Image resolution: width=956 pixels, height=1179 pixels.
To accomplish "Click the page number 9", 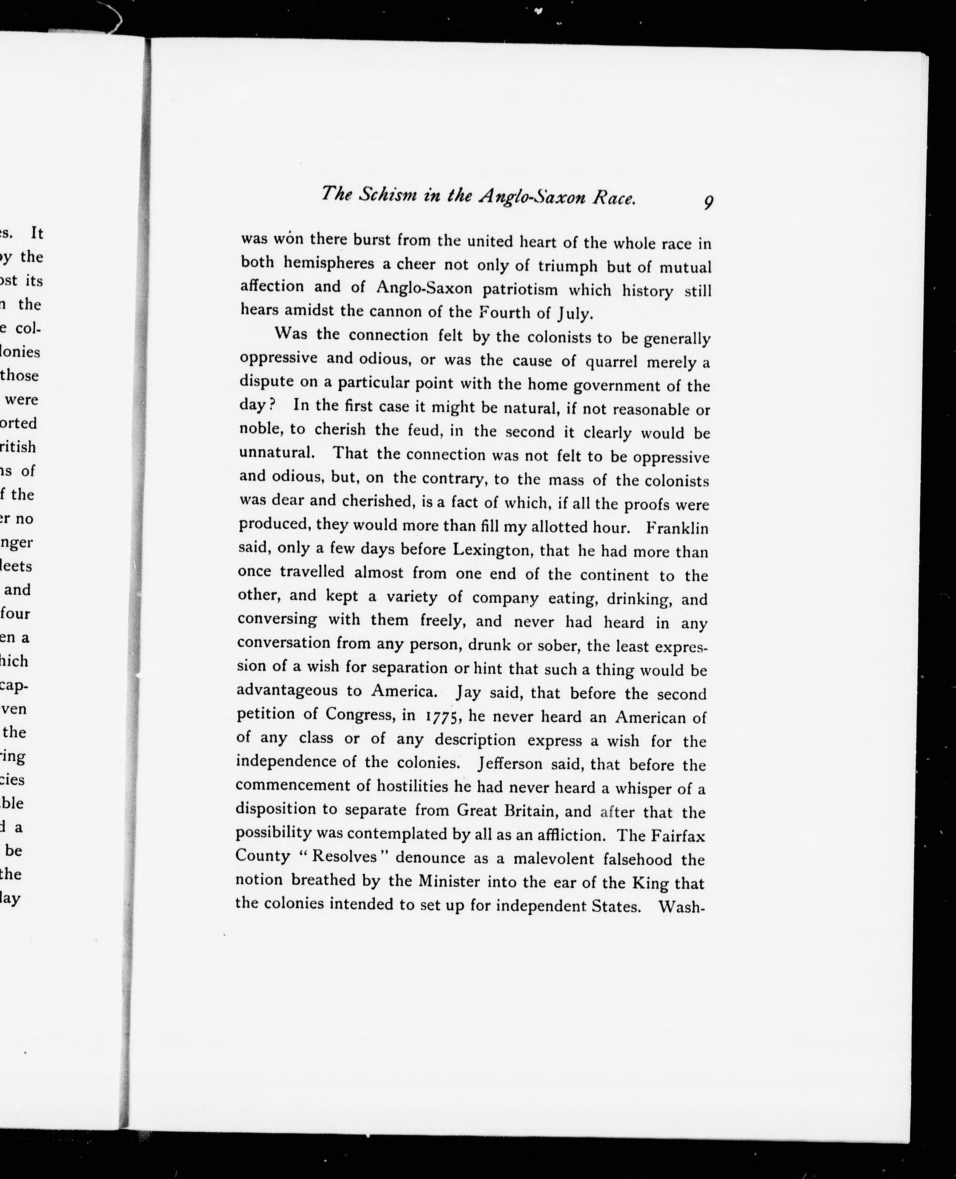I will pos(708,203).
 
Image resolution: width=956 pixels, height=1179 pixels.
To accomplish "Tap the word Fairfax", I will pos(678,836).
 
